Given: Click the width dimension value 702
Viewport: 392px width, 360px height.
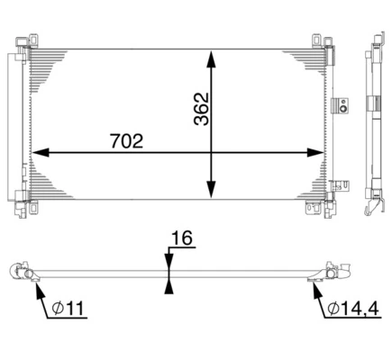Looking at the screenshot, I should pyautogui.click(x=125, y=140).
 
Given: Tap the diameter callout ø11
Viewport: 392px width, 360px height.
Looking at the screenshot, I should pyautogui.click(x=68, y=309).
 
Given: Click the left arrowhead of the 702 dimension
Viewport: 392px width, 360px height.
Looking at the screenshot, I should pyautogui.click(x=38, y=152).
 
